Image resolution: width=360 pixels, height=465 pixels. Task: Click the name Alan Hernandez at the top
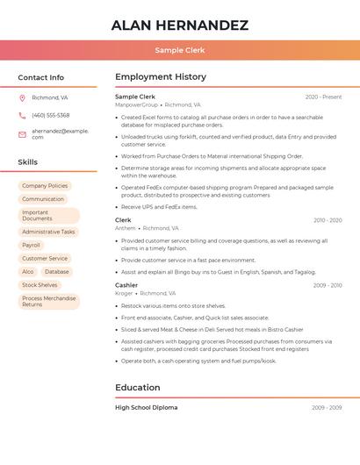(x=180, y=25)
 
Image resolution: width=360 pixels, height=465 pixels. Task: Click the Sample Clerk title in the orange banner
(x=180, y=50)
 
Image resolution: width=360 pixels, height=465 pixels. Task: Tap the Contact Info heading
(x=40, y=77)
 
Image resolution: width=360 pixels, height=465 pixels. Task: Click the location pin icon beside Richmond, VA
(x=22, y=97)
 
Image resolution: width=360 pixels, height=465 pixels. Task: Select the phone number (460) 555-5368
(x=50, y=115)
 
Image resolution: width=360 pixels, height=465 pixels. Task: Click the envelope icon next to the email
(x=22, y=134)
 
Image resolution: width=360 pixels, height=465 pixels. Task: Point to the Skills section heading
(x=27, y=162)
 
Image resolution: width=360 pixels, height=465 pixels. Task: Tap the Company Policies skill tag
(x=45, y=186)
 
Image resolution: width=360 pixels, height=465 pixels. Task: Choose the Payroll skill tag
(x=31, y=245)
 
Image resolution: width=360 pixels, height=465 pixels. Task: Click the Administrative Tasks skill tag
(x=48, y=232)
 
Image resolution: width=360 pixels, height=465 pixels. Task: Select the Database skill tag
(x=57, y=272)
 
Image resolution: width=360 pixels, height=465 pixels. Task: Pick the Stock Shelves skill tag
(x=40, y=285)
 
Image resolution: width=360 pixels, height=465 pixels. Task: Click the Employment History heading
(x=161, y=77)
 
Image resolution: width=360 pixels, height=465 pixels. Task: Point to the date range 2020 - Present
(x=323, y=97)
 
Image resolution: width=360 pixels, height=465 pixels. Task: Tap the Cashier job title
(x=126, y=285)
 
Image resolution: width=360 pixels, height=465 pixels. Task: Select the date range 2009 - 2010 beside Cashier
(x=327, y=285)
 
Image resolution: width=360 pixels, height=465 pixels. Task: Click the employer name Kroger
(x=124, y=293)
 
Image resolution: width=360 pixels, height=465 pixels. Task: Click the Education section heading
(x=138, y=388)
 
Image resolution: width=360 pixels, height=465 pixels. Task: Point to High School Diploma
(x=146, y=407)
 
